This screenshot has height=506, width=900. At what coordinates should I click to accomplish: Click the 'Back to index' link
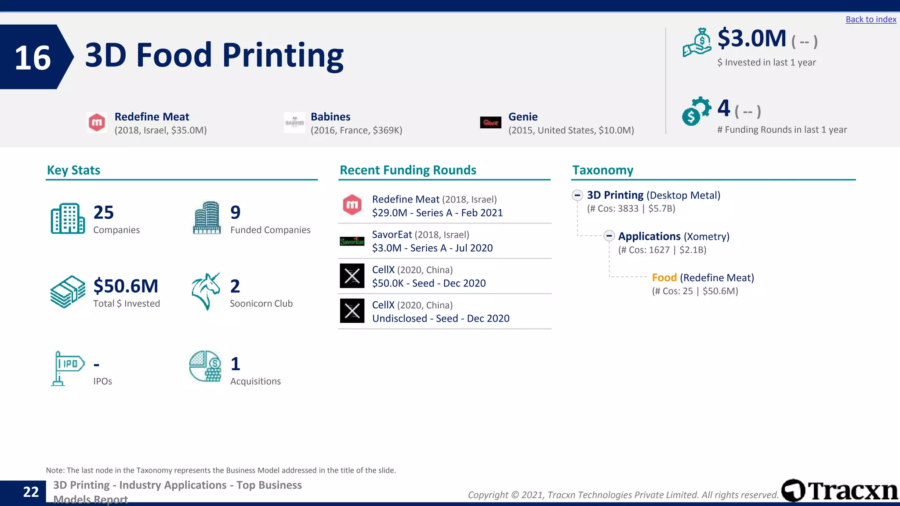pyautogui.click(x=871, y=19)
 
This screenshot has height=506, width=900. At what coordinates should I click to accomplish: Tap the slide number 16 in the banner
pyautogui.click(x=33, y=58)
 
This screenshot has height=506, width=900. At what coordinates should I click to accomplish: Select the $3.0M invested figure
pyautogui.click(x=752, y=39)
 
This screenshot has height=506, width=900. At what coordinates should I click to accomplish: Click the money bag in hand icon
pyautogui.click(x=697, y=42)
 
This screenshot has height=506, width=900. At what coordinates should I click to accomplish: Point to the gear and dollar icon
pyautogui.click(x=696, y=111)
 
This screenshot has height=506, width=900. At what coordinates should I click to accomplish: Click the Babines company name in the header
pyautogui.click(x=330, y=117)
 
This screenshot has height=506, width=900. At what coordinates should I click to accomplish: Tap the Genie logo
pyautogui.click(x=490, y=123)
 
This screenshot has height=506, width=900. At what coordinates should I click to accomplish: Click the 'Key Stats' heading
pyautogui.click(x=73, y=170)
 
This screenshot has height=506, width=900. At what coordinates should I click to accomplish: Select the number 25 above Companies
pyautogui.click(x=104, y=213)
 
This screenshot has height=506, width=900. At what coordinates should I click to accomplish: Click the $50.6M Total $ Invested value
pyautogui.click(x=126, y=286)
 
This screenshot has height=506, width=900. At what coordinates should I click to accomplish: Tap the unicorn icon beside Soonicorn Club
pyautogui.click(x=206, y=291)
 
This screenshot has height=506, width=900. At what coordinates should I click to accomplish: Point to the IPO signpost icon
pyautogui.click(x=67, y=368)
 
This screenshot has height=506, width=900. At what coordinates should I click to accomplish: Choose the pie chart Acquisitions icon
pyautogui.click(x=205, y=366)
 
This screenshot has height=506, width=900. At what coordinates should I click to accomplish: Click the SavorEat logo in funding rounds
pyautogui.click(x=352, y=241)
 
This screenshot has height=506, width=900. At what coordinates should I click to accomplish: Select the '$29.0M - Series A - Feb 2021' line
pyautogui.click(x=437, y=213)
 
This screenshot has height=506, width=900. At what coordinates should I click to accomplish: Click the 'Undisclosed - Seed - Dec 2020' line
pyautogui.click(x=441, y=318)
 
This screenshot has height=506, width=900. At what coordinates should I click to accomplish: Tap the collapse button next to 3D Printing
pyautogui.click(x=577, y=195)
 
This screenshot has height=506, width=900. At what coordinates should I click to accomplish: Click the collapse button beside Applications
pyautogui.click(x=609, y=236)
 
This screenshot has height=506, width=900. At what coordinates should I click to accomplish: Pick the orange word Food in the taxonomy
pyautogui.click(x=664, y=278)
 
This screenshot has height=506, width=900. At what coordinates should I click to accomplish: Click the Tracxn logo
pyautogui.click(x=840, y=491)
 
